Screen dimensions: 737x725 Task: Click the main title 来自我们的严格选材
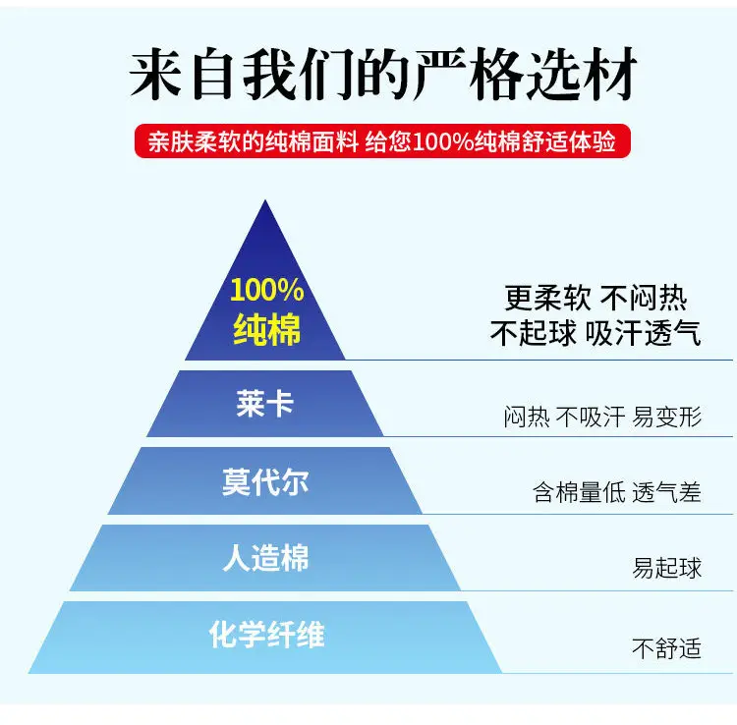coord(383,75)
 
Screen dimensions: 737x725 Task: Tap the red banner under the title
coord(382,140)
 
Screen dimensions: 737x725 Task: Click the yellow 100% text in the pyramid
coord(267,290)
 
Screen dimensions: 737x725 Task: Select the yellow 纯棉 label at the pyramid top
coord(267,329)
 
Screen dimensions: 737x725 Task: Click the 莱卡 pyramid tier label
coord(265,404)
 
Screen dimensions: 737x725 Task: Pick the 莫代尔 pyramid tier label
coord(265,481)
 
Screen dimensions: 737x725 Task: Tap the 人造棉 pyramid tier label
coord(265,558)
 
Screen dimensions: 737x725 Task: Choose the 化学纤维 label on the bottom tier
coord(267,635)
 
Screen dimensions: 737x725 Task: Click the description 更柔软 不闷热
coord(595,298)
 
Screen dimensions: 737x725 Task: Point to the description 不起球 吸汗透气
coord(595,333)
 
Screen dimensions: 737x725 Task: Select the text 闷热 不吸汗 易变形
coord(602,417)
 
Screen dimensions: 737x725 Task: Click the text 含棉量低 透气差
coord(617,492)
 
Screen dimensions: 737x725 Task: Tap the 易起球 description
coord(666,568)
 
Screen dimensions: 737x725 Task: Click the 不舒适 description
coord(666,648)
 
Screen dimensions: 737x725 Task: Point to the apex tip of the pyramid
coord(265,200)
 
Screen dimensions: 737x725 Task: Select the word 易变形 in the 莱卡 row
coord(667,417)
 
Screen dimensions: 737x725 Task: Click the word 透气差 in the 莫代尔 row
coord(666,492)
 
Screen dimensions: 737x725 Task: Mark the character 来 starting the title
coord(156,75)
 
